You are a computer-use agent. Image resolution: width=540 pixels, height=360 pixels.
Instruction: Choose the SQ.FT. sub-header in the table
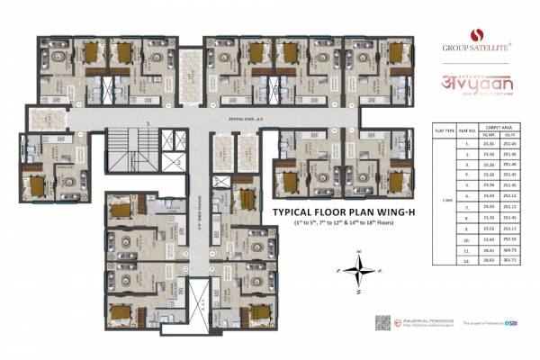tap(509, 136)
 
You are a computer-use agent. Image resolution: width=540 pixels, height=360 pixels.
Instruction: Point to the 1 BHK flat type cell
tap(445, 199)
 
